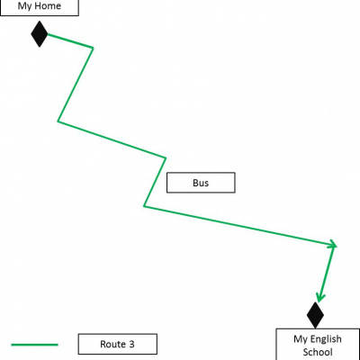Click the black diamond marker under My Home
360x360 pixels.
(x=40, y=34)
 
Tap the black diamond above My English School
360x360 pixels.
(x=315, y=315)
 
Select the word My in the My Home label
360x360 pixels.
(x=24, y=6)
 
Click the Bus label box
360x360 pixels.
(x=201, y=183)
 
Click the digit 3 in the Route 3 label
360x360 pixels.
(x=131, y=344)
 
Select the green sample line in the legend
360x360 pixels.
(x=34, y=345)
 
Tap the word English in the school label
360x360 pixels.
(x=326, y=339)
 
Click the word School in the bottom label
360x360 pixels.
(x=318, y=352)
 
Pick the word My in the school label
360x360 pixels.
(x=301, y=339)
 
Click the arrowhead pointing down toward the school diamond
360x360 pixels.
(x=320, y=298)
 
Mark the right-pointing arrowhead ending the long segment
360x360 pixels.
(x=333, y=245)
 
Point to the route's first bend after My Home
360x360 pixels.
(x=93, y=48)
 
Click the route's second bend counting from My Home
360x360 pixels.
(x=58, y=121)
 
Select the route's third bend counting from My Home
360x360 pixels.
(x=166, y=157)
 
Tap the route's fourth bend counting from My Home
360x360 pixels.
(x=144, y=206)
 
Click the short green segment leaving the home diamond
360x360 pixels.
(x=70, y=41)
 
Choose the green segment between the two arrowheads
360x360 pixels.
(x=327, y=274)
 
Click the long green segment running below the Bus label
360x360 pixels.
(x=240, y=226)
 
